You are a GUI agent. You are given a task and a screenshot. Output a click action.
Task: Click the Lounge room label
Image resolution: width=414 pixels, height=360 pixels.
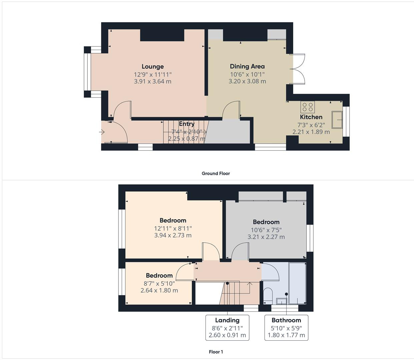pos(152,67)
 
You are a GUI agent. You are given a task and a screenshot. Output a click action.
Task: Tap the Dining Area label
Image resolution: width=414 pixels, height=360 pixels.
pos(247,66)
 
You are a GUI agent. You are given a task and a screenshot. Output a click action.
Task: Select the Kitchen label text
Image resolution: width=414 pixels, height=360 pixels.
pos(311,117)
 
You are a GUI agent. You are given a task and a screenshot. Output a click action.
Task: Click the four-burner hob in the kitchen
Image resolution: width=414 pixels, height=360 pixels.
pos(308,107)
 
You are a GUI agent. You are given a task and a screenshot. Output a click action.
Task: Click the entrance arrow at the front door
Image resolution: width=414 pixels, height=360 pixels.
pos(102,132)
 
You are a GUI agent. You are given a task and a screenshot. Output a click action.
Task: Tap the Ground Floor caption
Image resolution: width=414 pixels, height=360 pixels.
pos(216,173)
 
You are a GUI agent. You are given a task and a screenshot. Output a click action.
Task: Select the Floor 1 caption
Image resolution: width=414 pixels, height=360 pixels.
pos(216,352)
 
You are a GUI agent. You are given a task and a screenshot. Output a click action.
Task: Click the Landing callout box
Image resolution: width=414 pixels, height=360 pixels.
pos(227,327)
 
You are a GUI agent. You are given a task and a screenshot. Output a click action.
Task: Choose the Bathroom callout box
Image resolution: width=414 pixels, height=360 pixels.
pos(286,327)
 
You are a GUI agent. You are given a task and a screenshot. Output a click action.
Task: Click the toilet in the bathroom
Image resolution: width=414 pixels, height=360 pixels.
pos(268,295)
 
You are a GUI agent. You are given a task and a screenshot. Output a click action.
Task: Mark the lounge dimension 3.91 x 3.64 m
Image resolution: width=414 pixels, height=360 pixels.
pos(152,81)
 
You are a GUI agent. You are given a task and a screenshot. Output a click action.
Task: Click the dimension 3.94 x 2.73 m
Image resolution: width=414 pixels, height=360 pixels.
pos(173,235)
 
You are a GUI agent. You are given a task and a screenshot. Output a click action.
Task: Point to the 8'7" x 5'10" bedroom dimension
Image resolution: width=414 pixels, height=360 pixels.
pos(159,283)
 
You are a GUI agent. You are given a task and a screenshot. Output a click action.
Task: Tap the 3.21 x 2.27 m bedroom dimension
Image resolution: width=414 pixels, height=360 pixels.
pos(266,237)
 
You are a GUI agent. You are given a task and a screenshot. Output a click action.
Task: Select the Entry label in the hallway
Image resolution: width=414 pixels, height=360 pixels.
pos(186,124)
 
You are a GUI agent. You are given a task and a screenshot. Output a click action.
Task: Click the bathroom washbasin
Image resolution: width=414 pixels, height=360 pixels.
pos(281,301)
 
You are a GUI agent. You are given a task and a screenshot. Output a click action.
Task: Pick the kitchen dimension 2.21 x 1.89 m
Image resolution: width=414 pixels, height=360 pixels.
pos(311,132)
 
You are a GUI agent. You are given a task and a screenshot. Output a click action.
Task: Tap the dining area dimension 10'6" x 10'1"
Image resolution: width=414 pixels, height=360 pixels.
pos(247,74)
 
